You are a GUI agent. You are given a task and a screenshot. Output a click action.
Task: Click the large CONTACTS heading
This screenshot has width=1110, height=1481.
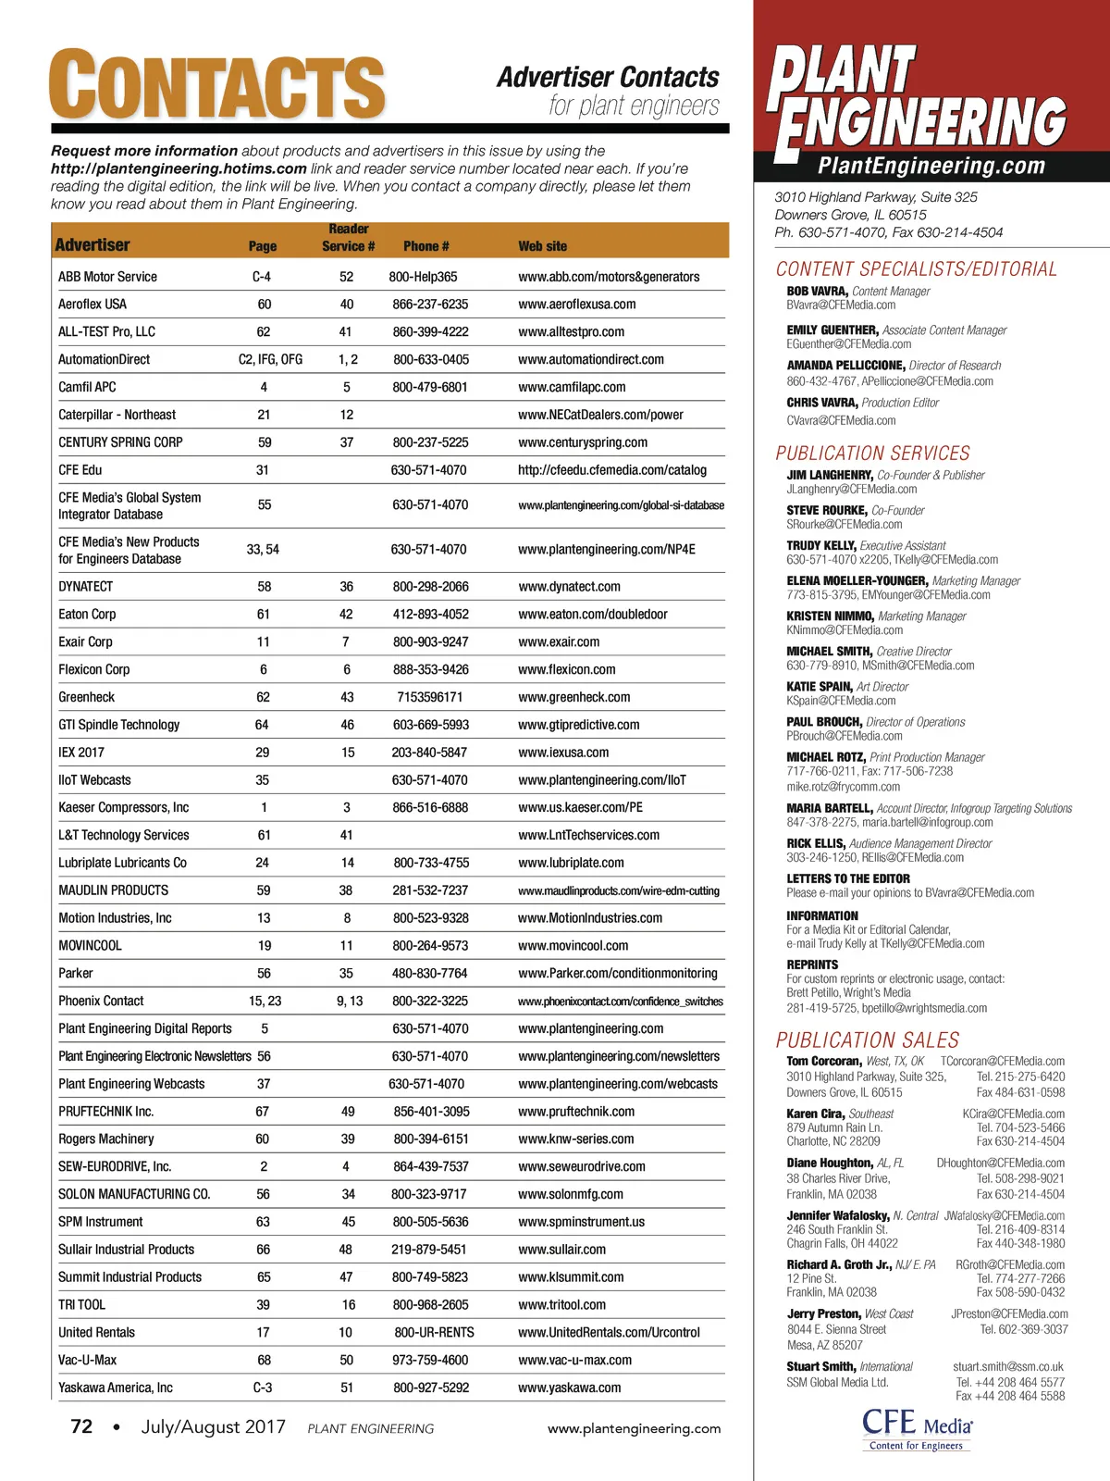click(216, 84)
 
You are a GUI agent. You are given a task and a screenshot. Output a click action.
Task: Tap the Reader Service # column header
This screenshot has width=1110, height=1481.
click(348, 238)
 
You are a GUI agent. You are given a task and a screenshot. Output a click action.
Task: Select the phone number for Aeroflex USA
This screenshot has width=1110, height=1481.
click(430, 305)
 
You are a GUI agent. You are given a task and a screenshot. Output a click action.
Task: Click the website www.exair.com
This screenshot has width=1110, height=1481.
click(559, 642)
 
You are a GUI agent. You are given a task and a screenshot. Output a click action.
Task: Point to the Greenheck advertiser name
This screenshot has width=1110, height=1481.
click(87, 698)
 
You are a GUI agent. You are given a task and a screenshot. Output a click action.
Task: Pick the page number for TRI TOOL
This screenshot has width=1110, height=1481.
click(264, 1305)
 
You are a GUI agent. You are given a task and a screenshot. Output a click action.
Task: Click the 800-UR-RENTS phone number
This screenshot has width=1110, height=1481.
click(434, 1333)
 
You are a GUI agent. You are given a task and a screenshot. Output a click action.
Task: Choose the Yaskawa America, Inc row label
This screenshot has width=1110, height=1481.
click(116, 1388)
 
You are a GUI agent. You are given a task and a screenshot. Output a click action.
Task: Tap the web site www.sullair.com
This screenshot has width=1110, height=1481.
click(562, 1250)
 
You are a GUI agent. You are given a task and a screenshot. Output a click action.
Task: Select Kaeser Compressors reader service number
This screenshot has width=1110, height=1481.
click(347, 808)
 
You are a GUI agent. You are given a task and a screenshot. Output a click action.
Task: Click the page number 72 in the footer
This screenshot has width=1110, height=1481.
click(81, 1427)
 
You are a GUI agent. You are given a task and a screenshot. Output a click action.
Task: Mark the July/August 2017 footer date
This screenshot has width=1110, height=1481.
click(213, 1427)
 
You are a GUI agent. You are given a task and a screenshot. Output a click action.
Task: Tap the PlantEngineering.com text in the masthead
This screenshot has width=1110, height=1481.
click(931, 167)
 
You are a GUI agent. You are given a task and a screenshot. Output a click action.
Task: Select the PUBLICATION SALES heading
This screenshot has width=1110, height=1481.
click(868, 1040)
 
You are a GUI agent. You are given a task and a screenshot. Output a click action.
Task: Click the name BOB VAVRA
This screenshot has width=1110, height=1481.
click(817, 292)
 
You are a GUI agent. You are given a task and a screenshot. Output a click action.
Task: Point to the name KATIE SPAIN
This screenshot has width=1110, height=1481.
click(820, 687)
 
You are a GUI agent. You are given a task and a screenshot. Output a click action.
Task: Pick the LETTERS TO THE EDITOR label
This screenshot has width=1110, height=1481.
click(848, 879)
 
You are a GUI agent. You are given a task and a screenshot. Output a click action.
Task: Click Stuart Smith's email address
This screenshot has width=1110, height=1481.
click(1008, 1367)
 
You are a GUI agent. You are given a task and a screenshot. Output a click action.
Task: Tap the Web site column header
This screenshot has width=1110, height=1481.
click(543, 246)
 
